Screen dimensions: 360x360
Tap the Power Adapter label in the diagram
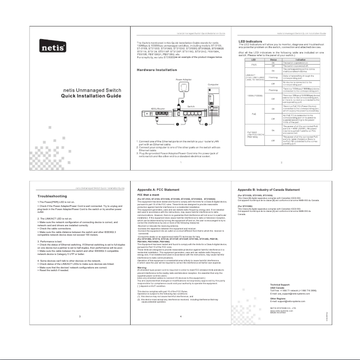[x=181, y=79]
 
